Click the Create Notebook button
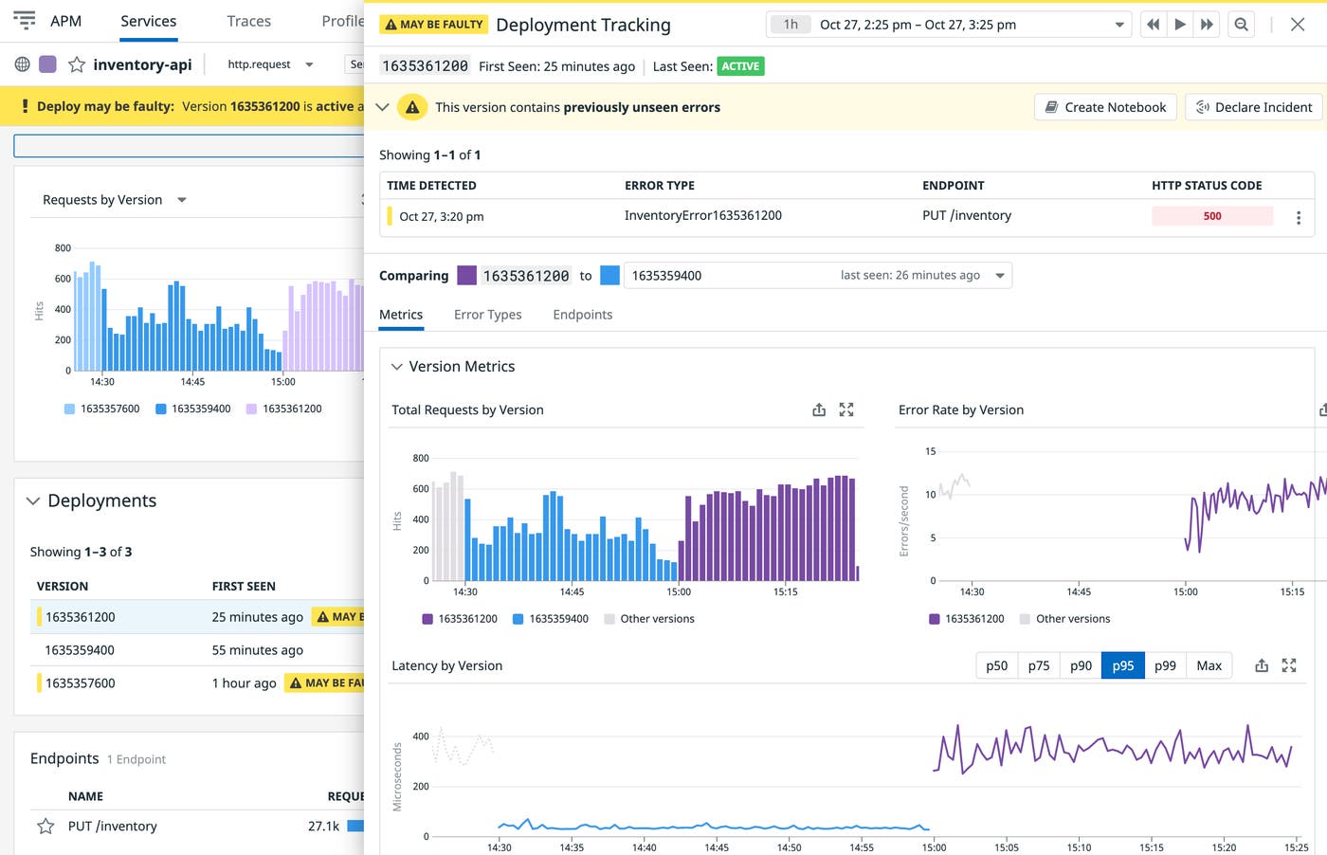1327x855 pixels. pos(1105,107)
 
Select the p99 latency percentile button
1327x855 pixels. pos(1165,665)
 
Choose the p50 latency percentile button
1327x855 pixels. pos(996,665)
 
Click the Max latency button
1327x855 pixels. pos(1209,665)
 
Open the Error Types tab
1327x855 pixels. pos(487,315)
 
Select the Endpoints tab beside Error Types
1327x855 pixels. pos(582,315)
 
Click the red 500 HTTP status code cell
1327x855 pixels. pos(1211,216)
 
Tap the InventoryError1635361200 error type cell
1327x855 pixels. pos(702,216)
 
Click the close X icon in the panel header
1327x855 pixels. pos(1298,25)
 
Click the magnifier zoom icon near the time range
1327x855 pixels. pos(1241,25)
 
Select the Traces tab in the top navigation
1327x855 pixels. pos(248,21)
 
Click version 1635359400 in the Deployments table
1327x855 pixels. pos(80,650)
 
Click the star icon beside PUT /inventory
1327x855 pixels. pos(45,827)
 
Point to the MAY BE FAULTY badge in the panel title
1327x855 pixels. pos(433,25)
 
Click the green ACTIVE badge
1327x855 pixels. pos(740,66)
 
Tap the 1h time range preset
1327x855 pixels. pos(790,25)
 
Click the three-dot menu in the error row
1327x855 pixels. pos(1298,218)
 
